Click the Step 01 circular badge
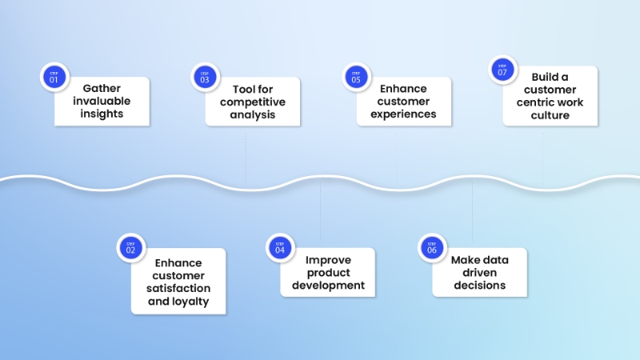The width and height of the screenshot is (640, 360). click(54, 78)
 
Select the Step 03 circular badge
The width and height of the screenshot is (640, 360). click(205, 78)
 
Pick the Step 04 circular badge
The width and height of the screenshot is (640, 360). click(280, 247)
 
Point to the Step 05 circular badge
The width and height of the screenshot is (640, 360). click(356, 78)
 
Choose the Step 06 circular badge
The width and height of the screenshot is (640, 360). click(433, 247)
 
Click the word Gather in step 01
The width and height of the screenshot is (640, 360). click(102, 89)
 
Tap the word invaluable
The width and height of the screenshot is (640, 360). click(102, 102)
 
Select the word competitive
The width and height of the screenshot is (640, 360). click(252, 102)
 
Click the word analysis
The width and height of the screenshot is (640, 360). click(252, 114)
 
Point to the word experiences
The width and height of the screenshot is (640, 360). click(403, 114)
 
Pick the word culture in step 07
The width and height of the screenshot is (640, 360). click(550, 115)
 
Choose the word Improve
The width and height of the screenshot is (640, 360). click(327, 259)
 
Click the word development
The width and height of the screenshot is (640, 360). click(327, 286)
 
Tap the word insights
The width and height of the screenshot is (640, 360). click(102, 114)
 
